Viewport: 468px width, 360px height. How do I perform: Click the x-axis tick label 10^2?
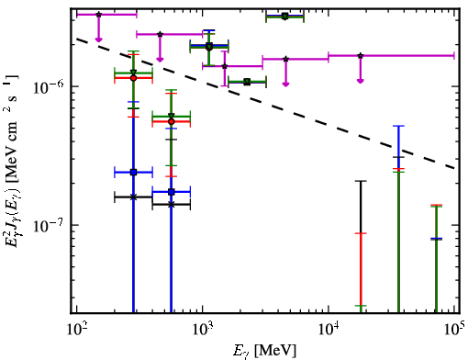76,330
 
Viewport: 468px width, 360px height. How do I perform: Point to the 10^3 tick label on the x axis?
202,330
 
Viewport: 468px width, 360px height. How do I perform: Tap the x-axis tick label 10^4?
329,330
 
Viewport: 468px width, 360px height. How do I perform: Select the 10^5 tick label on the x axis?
454,330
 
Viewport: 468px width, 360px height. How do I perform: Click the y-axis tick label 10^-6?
49,87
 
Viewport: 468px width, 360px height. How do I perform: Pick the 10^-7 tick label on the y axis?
49,226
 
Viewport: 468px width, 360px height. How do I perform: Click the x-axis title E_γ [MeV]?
264,351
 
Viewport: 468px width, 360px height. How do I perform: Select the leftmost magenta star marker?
98,15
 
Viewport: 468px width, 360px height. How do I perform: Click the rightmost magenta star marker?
361,56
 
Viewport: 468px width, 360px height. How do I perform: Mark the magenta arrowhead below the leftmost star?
98,39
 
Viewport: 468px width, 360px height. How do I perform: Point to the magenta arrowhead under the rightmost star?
361,81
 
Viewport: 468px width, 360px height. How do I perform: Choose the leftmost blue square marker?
133,173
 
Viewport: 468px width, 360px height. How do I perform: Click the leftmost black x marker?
133,197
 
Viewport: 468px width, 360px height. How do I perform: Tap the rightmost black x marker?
172,205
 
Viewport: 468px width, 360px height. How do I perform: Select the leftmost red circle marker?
133,78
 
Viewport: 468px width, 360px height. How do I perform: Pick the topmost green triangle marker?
284,17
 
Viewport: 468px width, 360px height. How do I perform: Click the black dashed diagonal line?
266,103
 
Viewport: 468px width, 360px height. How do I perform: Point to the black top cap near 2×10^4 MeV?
361,181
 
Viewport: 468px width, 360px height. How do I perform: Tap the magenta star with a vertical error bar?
225,66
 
